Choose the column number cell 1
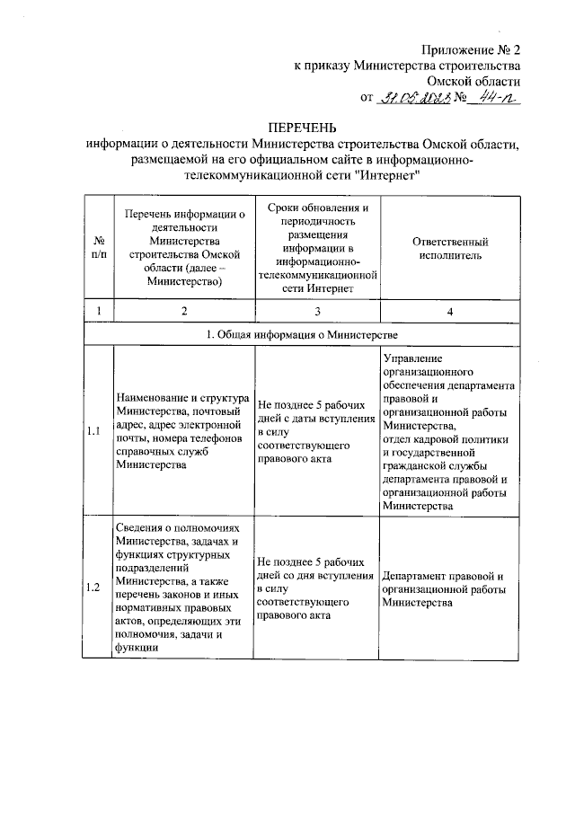pyautogui.click(x=98, y=311)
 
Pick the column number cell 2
pyautogui.click(x=183, y=311)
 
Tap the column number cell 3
pyautogui.click(x=316, y=311)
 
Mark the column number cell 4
pyautogui.click(x=448, y=311)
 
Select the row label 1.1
pyautogui.click(x=98, y=432)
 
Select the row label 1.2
pyautogui.click(x=98, y=588)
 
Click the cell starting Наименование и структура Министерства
pyautogui.click(x=183, y=432)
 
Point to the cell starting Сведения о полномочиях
pyautogui.click(x=183, y=588)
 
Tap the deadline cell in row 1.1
pyautogui.click(x=316, y=432)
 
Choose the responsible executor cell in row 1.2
pyautogui.click(x=448, y=588)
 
